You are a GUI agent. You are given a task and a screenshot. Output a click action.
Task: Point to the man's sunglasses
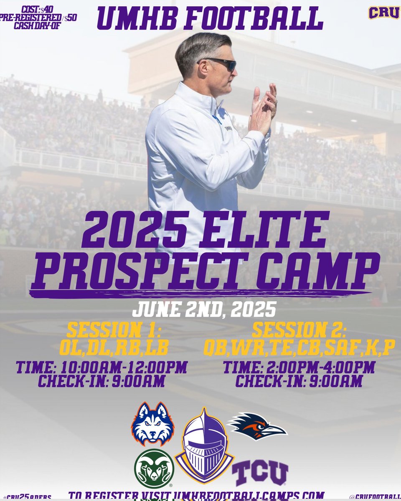coord(219,64)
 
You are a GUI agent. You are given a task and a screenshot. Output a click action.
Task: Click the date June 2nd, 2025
coord(204,310)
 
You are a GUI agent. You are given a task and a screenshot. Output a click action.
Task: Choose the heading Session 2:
coord(299,331)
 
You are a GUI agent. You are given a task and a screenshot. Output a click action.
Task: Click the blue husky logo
coord(152,423)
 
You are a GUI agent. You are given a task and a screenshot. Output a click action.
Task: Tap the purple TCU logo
coord(260,473)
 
